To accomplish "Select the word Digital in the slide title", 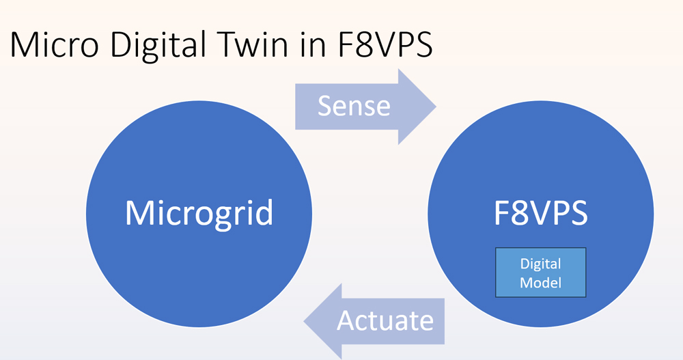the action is pyautogui.click(x=158, y=46).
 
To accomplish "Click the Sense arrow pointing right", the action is pyautogui.click(x=365, y=107).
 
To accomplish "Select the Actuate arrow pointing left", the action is pyautogui.click(x=374, y=321).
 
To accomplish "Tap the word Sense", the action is pyautogui.click(x=354, y=106).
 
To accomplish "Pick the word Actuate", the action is pyautogui.click(x=385, y=321).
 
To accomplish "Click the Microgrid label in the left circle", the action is pyautogui.click(x=199, y=212).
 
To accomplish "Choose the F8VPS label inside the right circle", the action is pyautogui.click(x=540, y=213).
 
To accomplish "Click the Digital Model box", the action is pyautogui.click(x=540, y=273).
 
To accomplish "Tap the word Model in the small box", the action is pyautogui.click(x=540, y=283).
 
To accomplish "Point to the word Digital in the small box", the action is pyautogui.click(x=540, y=264).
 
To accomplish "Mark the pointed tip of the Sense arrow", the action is pyautogui.click(x=436, y=107).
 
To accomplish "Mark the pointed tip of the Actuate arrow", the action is pyautogui.click(x=304, y=322).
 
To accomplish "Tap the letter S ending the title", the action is pyautogui.click(x=423, y=44).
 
